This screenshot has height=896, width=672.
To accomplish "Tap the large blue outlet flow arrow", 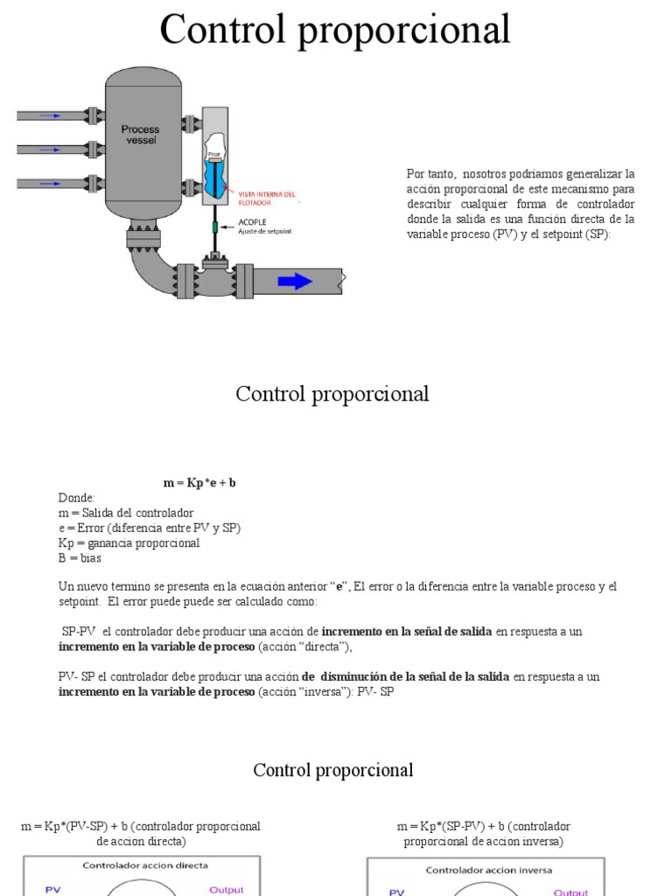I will (x=295, y=281).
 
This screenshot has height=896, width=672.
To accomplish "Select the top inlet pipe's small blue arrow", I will (x=51, y=115).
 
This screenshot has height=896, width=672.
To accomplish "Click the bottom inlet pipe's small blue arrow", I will (x=51, y=183).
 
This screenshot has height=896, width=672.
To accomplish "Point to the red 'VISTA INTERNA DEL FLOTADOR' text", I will (x=266, y=198).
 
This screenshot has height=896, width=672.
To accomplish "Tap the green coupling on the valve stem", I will (x=214, y=227).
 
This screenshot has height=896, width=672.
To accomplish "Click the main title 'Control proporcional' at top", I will (x=335, y=31).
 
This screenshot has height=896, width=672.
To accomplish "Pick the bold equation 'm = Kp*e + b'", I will (x=199, y=483).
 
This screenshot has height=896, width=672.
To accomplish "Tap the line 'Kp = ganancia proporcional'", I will (x=129, y=542).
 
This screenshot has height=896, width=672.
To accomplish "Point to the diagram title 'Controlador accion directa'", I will (x=145, y=865).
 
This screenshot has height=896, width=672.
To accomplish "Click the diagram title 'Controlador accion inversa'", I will (x=488, y=870).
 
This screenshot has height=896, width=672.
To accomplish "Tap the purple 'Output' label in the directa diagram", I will (x=226, y=890).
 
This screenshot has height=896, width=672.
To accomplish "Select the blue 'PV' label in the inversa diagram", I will (x=396, y=892).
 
